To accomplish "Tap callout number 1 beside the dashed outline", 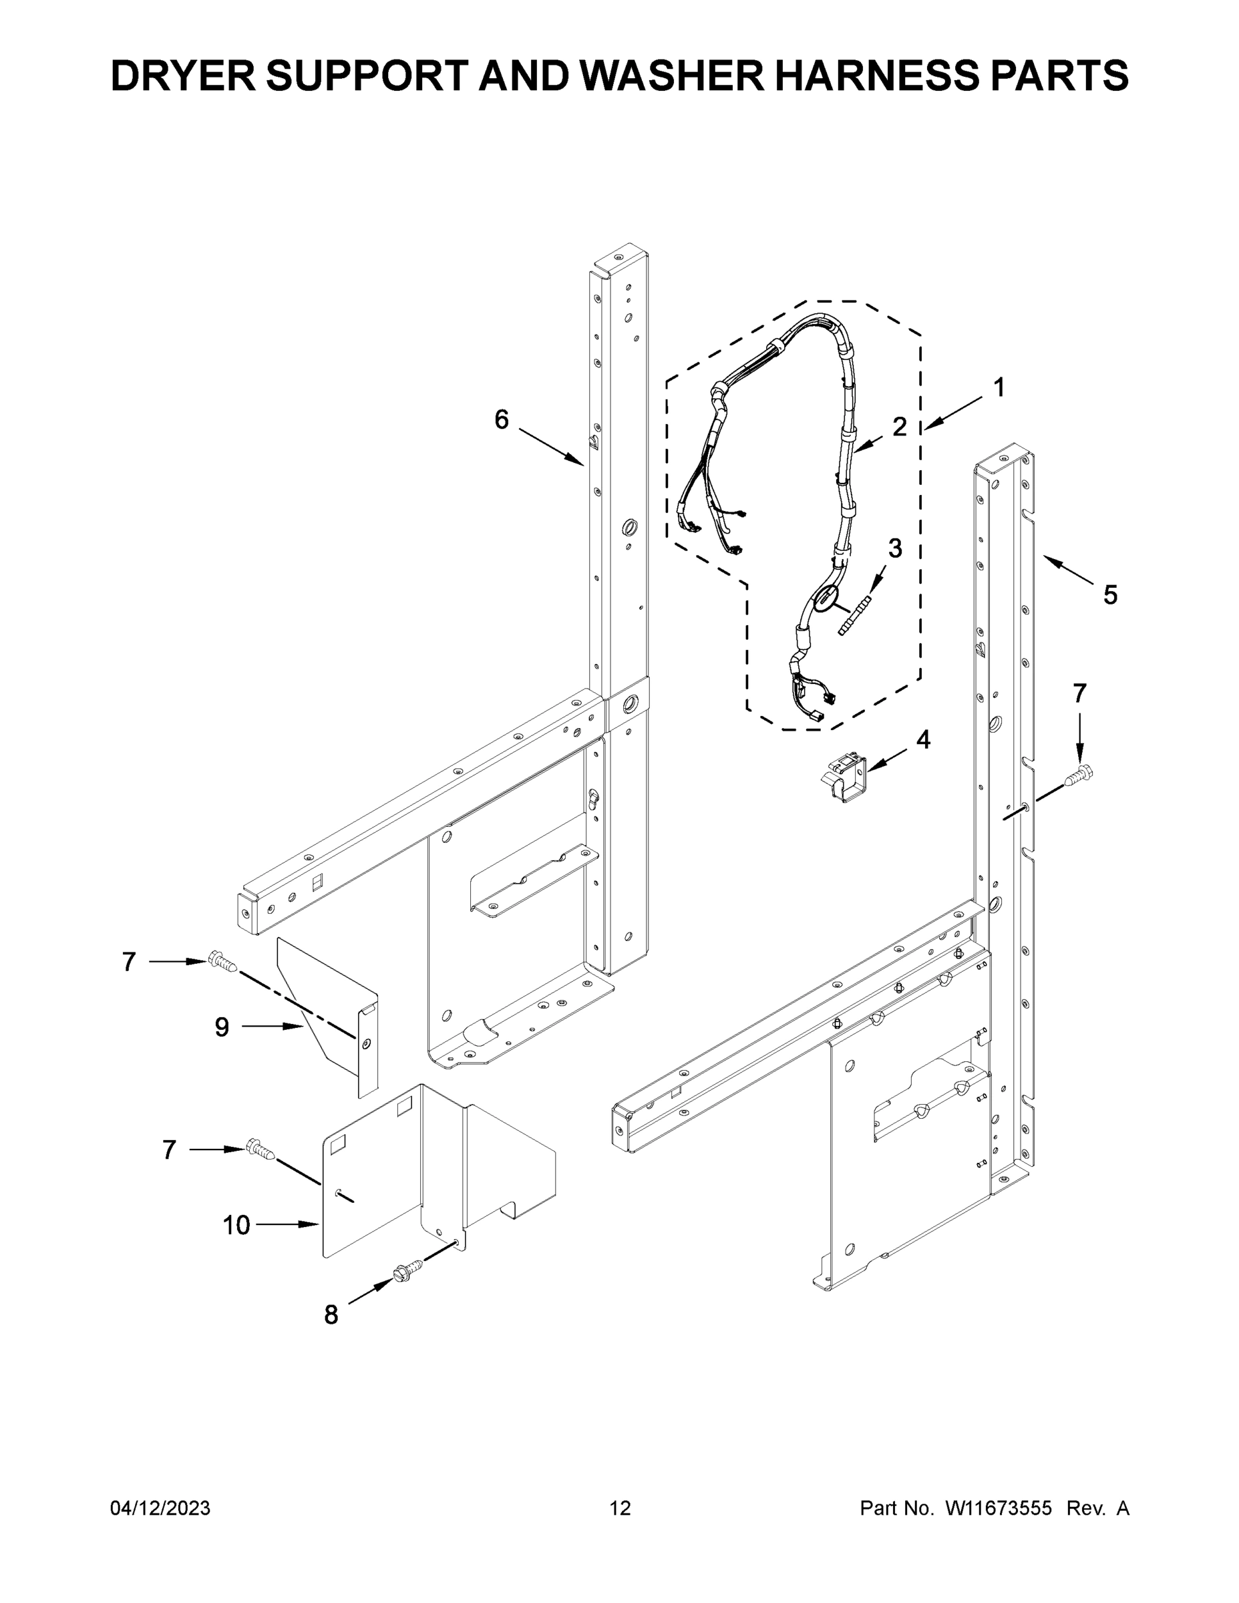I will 999,387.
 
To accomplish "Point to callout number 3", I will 895,548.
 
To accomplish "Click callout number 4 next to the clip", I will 922,740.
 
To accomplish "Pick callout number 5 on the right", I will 1110,594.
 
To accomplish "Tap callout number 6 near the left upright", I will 502,420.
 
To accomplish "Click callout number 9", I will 222,1027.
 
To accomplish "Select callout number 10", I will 236,1225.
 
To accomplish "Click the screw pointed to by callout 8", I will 409,1270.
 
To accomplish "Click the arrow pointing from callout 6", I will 550,446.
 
